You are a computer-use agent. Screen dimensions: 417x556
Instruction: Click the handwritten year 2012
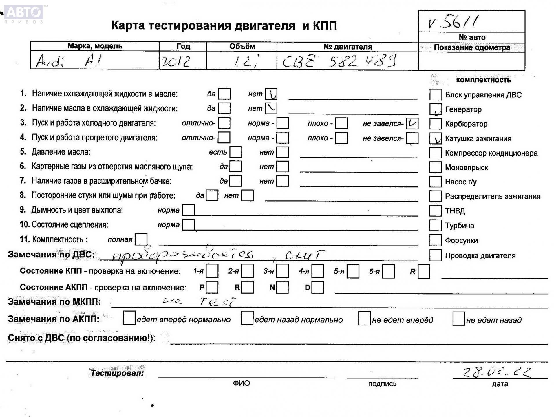(176, 61)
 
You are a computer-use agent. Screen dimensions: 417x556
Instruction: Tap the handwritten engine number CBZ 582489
(339, 61)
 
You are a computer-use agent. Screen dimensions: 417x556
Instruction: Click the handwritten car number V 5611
(453, 22)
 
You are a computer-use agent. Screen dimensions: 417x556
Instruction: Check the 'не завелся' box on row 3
(412, 123)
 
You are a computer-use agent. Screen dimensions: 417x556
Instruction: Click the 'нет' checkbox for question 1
(271, 94)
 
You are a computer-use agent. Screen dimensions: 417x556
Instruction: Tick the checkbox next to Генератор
(436, 109)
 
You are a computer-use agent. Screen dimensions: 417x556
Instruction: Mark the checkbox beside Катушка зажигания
(436, 138)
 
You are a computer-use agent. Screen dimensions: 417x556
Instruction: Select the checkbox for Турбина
(435, 225)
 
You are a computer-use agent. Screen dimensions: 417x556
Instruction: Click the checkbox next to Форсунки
(435, 240)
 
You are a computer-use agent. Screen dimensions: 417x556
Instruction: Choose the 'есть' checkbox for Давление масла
(236, 152)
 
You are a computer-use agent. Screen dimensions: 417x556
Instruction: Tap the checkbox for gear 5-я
(353, 271)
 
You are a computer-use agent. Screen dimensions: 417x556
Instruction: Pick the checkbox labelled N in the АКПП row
(282, 287)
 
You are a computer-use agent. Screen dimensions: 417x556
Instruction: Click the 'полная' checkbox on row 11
(141, 239)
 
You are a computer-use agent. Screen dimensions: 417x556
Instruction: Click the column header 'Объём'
(242, 46)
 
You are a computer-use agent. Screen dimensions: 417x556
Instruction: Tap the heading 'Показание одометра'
(472, 47)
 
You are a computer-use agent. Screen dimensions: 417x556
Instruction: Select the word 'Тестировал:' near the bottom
(117, 373)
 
